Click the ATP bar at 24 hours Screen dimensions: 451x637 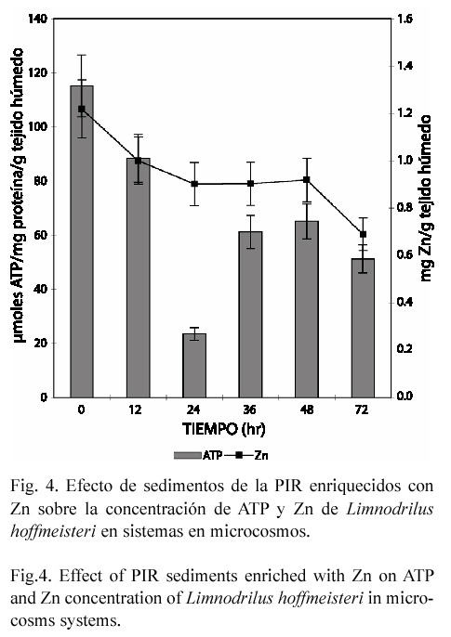(194, 365)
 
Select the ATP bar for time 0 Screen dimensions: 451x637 (82, 241)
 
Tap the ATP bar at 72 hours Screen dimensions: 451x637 (363, 328)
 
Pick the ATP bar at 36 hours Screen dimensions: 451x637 (250, 314)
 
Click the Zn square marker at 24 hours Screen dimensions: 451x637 (194, 184)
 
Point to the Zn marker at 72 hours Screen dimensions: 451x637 (364, 234)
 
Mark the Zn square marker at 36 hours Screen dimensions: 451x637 (250, 184)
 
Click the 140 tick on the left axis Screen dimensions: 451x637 (38, 19)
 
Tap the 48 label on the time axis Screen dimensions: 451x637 (307, 409)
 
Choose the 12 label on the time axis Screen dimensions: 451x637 (135, 409)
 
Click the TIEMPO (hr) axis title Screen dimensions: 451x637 (224, 429)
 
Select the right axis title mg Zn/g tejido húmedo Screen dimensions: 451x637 (426, 199)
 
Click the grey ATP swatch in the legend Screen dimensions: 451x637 (188, 455)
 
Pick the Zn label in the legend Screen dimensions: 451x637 (261, 455)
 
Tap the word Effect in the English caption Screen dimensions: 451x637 (80, 576)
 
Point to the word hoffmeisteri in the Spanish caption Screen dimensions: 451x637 (53, 531)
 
